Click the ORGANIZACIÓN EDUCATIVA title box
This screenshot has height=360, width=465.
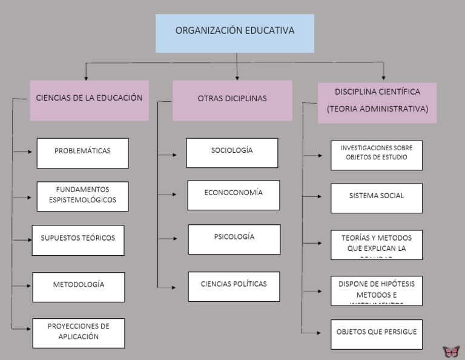pos(235,33)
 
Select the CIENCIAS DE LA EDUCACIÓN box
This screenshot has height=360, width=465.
pos(89,100)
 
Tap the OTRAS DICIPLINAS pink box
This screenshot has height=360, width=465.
pos(232,100)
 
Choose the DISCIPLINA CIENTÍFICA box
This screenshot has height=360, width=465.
pos(377,102)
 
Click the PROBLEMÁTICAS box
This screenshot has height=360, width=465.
pos(82,153)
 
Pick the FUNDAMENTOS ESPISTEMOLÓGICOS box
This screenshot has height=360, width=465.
pos(82,196)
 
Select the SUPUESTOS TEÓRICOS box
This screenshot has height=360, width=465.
pos(78,240)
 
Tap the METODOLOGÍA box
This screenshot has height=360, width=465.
pos(79,287)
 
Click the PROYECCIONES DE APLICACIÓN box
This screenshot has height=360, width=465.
pos(79,333)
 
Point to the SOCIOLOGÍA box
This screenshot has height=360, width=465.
pos(232,153)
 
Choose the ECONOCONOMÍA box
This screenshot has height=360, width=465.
pos(234,195)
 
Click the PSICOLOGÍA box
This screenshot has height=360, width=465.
pos(234,239)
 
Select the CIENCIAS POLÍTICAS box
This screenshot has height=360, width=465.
pos(234,286)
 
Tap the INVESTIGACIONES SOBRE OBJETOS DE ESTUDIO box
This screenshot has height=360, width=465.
pos(377,155)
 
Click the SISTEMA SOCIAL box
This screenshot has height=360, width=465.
pos(377,198)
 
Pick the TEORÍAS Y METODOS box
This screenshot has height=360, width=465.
pos(377,244)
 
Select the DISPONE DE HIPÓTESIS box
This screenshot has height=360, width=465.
pos(377,290)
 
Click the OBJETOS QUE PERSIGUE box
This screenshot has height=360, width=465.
pos(377,334)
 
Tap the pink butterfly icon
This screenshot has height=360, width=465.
pos(451,352)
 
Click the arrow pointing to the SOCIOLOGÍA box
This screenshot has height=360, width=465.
pos(173,155)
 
